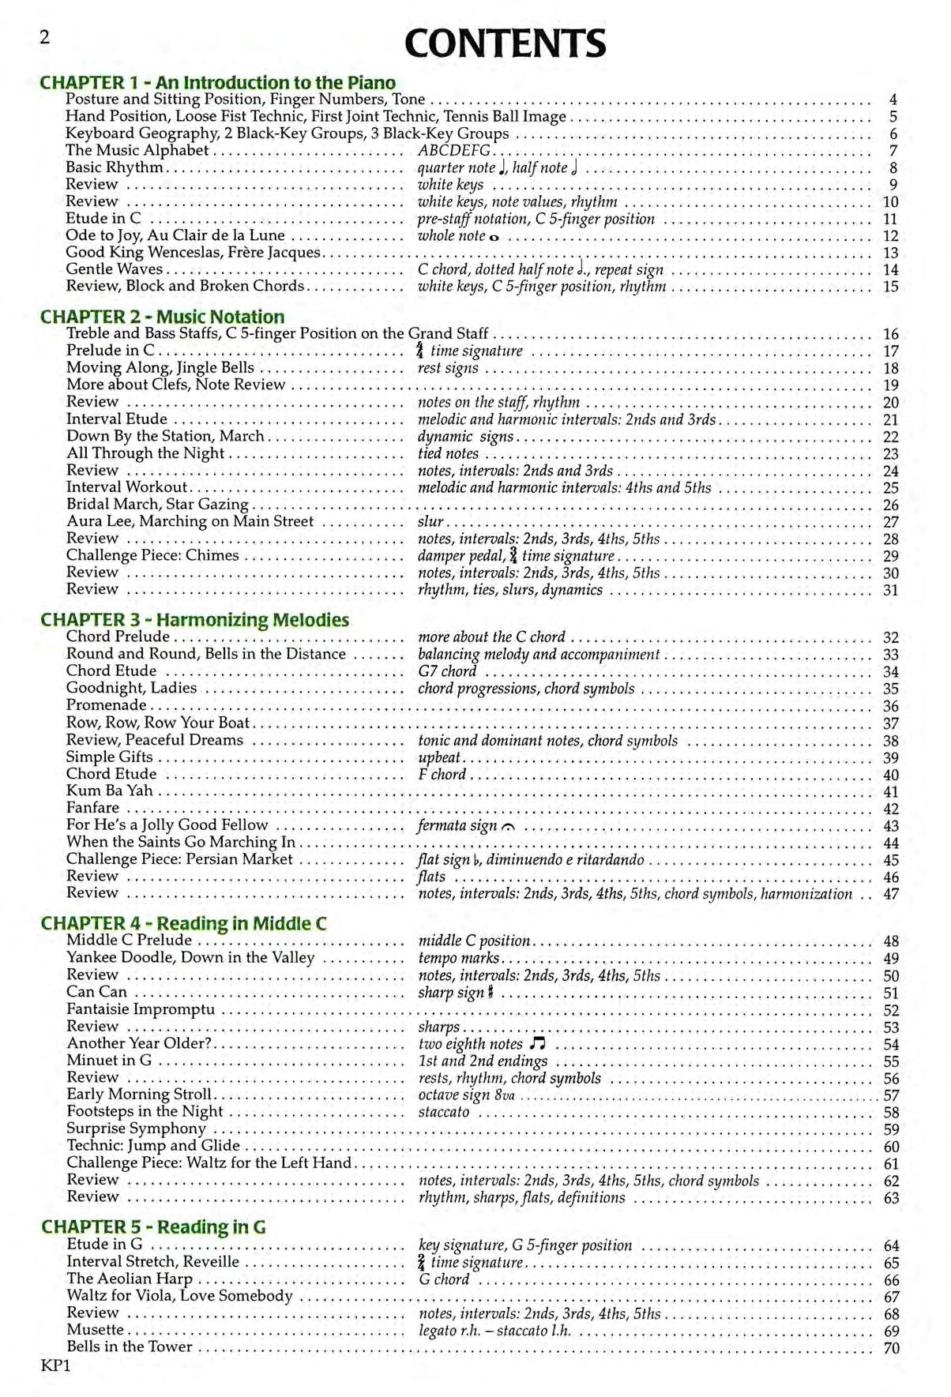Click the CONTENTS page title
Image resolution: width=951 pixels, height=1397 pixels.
click(x=505, y=44)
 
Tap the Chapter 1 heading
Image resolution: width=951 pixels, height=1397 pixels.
click(x=218, y=82)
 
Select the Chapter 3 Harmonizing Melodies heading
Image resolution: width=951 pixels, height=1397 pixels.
click(x=195, y=620)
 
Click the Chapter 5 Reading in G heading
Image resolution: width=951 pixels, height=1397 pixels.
click(x=153, y=1226)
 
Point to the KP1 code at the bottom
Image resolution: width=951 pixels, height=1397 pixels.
click(x=55, y=1365)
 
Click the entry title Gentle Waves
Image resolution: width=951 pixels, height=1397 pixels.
click(x=115, y=269)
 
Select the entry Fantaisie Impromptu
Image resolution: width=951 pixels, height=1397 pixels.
click(x=141, y=1009)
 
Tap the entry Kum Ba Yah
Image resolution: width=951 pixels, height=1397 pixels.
click(x=110, y=791)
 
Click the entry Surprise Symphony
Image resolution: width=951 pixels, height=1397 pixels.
click(x=136, y=1128)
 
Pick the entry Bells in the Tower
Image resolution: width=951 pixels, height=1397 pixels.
click(x=130, y=1347)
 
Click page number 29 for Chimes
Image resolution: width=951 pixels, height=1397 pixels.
click(x=891, y=556)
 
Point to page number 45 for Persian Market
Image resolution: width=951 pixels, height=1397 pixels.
click(x=891, y=860)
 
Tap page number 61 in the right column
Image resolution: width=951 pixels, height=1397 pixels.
click(x=891, y=1164)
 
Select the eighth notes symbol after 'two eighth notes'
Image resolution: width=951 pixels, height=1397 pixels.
click(x=538, y=1044)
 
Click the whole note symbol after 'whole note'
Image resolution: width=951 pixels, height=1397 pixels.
click(x=494, y=237)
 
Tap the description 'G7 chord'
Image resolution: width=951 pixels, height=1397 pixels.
click(x=447, y=671)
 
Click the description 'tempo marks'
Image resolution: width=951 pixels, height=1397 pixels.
click(x=458, y=958)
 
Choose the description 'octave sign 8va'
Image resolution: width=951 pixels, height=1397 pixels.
click(x=466, y=1095)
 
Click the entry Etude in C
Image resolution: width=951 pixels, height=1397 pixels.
click(x=103, y=219)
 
